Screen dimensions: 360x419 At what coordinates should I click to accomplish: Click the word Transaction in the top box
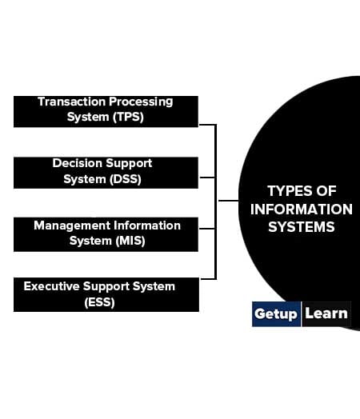[72, 102]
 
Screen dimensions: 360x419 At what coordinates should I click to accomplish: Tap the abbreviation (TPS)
[128, 117]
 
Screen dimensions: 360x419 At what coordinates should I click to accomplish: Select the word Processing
[141, 102]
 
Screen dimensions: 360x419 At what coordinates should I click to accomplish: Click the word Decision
[78, 163]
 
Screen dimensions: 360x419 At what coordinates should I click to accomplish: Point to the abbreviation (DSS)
[126, 179]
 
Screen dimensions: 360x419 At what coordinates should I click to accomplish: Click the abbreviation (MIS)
[130, 241]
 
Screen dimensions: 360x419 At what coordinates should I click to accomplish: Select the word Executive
[51, 286]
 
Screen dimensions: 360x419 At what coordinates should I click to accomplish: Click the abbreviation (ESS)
[100, 302]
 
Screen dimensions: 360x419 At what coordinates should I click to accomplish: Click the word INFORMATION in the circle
[302, 209]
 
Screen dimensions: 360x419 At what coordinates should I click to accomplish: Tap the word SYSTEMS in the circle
[302, 227]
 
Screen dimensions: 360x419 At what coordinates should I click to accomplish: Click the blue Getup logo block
[276, 314]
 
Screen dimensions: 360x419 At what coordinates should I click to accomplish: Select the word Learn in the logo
[326, 313]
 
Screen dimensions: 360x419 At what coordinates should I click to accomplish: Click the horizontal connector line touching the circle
[229, 201]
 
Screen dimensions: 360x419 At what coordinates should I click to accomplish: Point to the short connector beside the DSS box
[207, 178]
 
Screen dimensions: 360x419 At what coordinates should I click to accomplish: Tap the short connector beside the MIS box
[207, 229]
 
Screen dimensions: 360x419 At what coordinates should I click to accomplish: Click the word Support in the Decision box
[129, 164]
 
